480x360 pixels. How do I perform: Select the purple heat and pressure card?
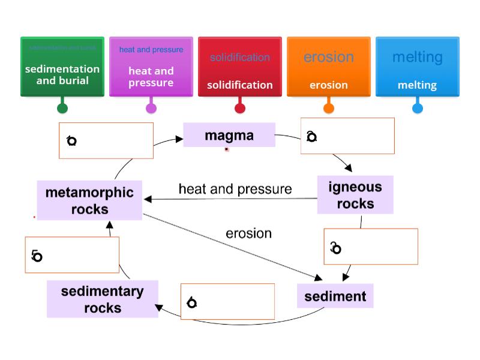(x=151, y=66)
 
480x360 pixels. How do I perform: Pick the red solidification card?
(x=240, y=66)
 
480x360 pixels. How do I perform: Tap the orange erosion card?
(x=329, y=66)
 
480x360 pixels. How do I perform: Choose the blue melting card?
(x=418, y=66)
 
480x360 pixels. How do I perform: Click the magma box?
(x=229, y=135)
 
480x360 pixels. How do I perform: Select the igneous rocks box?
(x=355, y=195)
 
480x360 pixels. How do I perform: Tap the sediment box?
(x=335, y=296)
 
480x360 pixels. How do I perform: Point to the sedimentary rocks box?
(x=103, y=299)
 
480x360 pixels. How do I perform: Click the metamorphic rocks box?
(x=89, y=200)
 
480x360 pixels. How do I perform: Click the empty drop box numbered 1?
(x=106, y=141)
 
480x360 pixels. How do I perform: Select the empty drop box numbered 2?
(x=347, y=136)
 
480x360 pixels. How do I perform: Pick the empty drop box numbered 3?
(x=371, y=247)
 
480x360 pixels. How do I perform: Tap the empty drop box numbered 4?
(x=228, y=302)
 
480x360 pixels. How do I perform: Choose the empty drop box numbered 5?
(x=72, y=255)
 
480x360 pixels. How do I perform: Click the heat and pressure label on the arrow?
(x=235, y=189)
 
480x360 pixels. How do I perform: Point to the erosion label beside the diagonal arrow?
(x=248, y=233)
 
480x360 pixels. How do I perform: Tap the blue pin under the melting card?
(x=418, y=109)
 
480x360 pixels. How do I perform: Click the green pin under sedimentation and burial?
(x=62, y=109)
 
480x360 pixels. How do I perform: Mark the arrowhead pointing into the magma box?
(x=179, y=139)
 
